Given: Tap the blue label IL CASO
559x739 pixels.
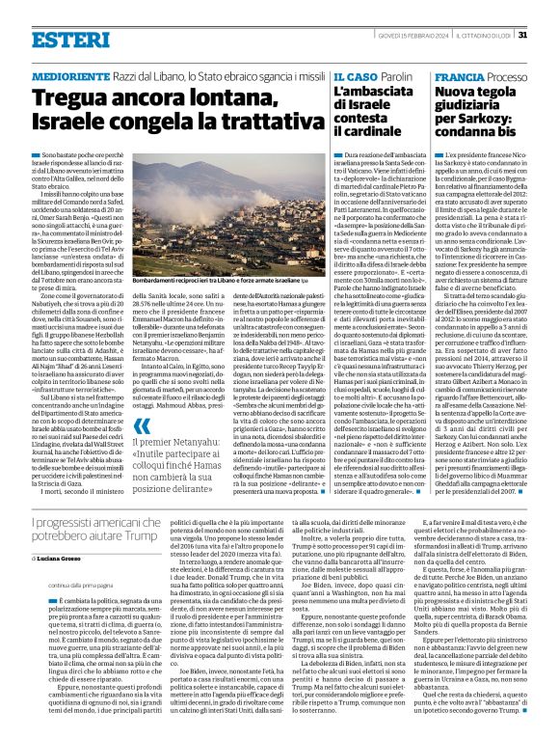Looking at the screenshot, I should [353, 75].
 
